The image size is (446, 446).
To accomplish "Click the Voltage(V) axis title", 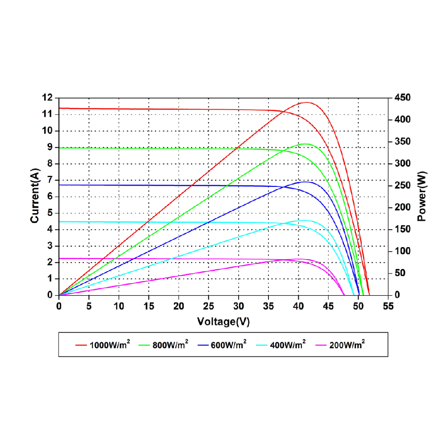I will (x=223, y=321).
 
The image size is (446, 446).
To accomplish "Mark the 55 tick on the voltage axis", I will (x=388, y=306).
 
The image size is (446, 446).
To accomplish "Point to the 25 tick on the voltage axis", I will (x=208, y=306).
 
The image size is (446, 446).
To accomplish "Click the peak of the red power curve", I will (x=307, y=103).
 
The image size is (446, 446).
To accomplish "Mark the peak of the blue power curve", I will (x=306, y=182).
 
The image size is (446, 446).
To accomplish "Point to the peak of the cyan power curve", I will (x=305, y=220).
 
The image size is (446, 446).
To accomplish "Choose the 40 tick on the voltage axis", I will (x=298, y=306).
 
